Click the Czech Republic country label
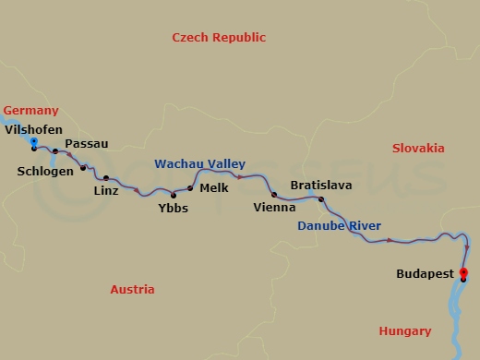(219, 38)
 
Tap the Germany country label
(31, 110)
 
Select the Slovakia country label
(417, 148)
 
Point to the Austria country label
(132, 289)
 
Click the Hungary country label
(404, 331)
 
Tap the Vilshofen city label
(34, 129)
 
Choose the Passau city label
(87, 144)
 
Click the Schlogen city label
(45, 171)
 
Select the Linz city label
(107, 192)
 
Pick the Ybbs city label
(173, 209)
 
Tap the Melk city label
(213, 187)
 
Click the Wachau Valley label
(199, 163)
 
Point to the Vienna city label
(274, 208)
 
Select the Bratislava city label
(320, 186)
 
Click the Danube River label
(339, 226)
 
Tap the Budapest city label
(424, 274)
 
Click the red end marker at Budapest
(463, 272)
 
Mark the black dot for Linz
(106, 178)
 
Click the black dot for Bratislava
(321, 199)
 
